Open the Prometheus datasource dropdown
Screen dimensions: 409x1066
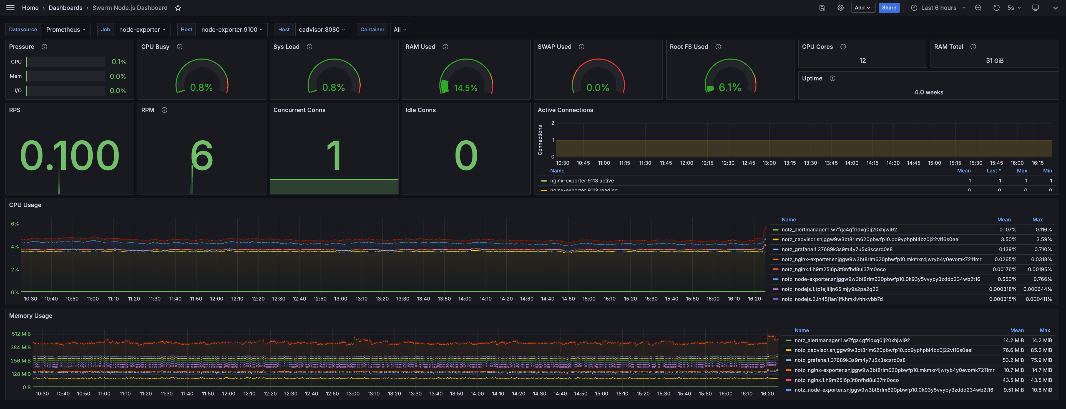click(x=66, y=29)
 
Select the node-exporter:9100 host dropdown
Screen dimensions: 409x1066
click(x=232, y=29)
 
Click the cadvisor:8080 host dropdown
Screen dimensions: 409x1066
click(x=321, y=29)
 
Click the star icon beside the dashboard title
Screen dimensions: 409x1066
click(x=178, y=8)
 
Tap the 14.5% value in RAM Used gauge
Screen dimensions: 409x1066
click(x=465, y=88)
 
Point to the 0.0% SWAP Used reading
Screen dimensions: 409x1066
click(x=598, y=87)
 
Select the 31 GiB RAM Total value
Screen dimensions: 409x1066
click(x=994, y=60)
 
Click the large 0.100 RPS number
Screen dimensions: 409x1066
click(x=69, y=156)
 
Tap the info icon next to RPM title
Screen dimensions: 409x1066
click(x=164, y=110)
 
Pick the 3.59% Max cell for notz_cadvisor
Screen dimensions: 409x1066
click(x=1043, y=240)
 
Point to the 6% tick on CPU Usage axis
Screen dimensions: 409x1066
click(x=15, y=224)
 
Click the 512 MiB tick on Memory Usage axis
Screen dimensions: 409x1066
click(x=21, y=334)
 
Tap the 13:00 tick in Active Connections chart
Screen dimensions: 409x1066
click(x=769, y=163)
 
